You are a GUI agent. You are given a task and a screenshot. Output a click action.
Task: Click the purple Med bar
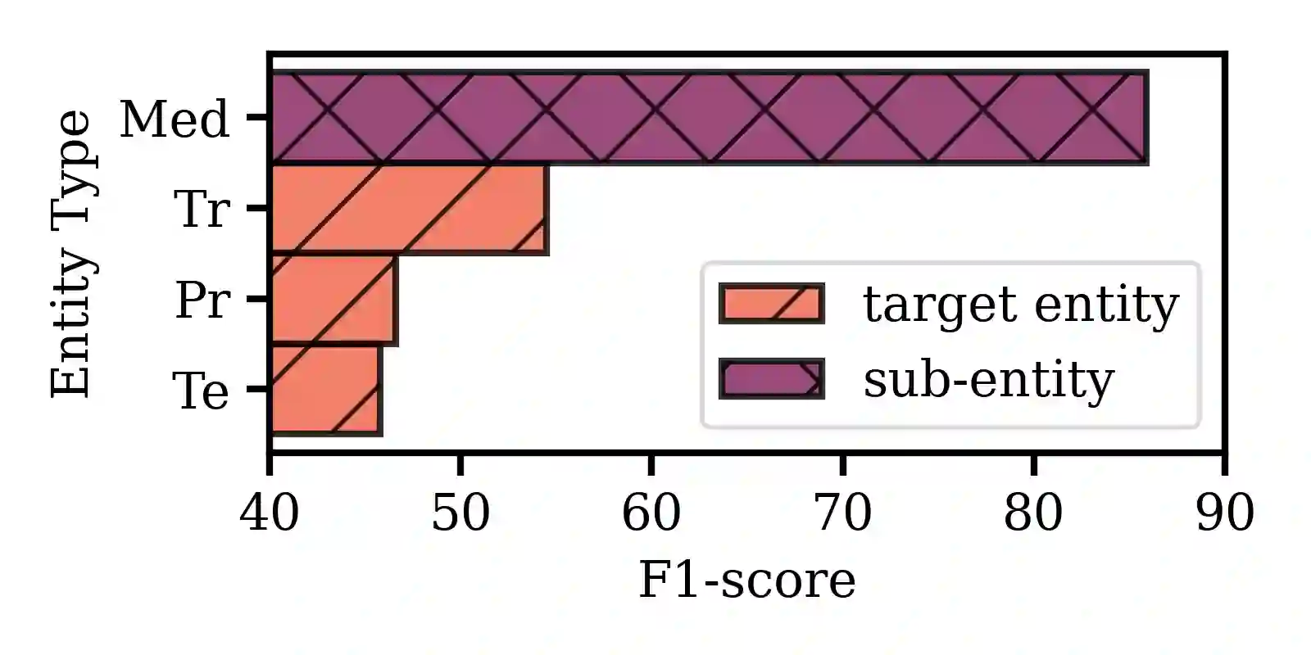click(709, 118)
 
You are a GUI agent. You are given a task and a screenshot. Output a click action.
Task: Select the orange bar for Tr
click(408, 210)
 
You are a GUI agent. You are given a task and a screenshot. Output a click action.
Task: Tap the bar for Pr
click(333, 300)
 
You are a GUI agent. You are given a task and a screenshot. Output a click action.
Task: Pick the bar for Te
click(325, 390)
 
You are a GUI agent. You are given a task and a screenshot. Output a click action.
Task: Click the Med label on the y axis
click(175, 120)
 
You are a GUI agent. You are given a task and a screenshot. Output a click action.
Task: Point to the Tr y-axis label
click(201, 210)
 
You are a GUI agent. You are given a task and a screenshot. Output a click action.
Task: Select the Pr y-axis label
click(201, 300)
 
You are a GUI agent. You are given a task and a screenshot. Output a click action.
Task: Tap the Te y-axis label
click(201, 391)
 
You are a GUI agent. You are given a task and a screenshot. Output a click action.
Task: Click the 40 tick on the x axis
click(270, 514)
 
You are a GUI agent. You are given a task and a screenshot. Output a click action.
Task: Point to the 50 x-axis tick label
click(460, 514)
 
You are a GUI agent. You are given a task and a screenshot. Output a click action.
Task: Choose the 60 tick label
click(651, 514)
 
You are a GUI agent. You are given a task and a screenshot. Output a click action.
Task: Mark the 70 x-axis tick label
click(842, 514)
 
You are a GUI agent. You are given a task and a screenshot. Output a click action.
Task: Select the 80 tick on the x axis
click(1033, 514)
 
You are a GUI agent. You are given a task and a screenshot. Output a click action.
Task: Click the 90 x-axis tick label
click(1224, 514)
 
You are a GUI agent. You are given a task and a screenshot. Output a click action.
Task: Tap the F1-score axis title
click(746, 580)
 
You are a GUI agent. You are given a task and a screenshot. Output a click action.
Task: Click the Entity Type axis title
click(72, 254)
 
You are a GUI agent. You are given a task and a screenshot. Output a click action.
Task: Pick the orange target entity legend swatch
click(771, 304)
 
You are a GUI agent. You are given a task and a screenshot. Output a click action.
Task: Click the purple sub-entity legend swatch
click(771, 379)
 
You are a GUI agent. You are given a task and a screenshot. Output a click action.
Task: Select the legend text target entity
click(1020, 305)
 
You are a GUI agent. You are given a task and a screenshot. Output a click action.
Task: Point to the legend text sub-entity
click(988, 380)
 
